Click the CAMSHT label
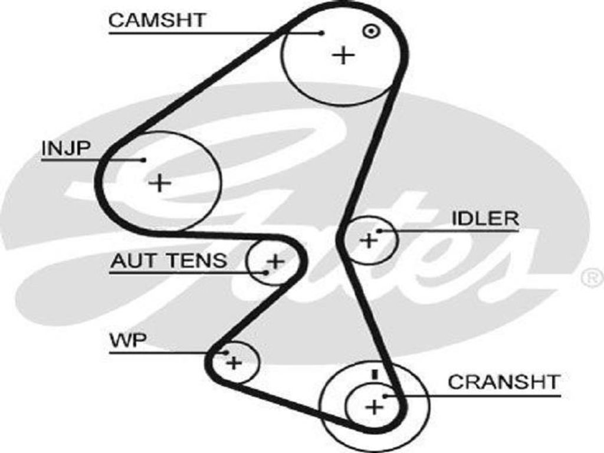click(157, 19)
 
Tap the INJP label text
click(65, 149)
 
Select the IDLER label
click(485, 219)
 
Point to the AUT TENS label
click(168, 260)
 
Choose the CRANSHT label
click(503, 382)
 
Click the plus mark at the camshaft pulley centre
click(343, 55)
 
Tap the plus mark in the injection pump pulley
click(159, 183)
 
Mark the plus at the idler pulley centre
click(368, 240)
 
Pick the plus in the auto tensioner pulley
click(275, 260)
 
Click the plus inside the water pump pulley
click(234, 362)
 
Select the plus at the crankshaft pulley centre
click(374, 406)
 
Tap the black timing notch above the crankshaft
click(373, 373)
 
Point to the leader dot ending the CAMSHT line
click(321, 33)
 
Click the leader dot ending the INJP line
click(143, 159)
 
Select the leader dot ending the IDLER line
click(380, 231)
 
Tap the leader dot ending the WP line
click(226, 353)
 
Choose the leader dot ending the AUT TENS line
click(267, 273)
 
